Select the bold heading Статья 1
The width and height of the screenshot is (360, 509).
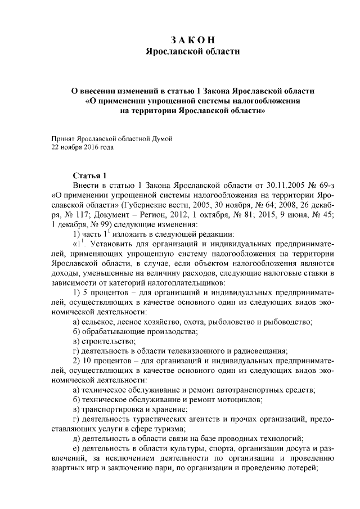91,175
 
